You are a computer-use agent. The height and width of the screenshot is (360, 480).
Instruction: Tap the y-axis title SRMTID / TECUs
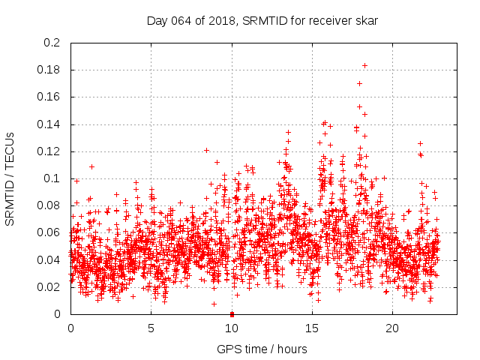10,178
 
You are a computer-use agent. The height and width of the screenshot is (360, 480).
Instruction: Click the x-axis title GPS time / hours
262,349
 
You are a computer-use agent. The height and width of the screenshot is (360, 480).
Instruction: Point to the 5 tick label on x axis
151,328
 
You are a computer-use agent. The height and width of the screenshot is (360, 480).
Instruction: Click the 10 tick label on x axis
232,328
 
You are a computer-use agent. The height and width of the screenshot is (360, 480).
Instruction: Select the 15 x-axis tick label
312,328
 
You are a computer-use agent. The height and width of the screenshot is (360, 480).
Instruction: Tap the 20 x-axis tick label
392,328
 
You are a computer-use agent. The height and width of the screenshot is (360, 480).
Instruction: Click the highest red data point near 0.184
364,65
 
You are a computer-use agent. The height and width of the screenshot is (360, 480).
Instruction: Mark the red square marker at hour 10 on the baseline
232,314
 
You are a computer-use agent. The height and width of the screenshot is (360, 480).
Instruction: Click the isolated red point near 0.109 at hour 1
91,166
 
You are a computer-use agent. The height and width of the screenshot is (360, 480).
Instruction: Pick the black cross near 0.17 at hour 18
359,83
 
